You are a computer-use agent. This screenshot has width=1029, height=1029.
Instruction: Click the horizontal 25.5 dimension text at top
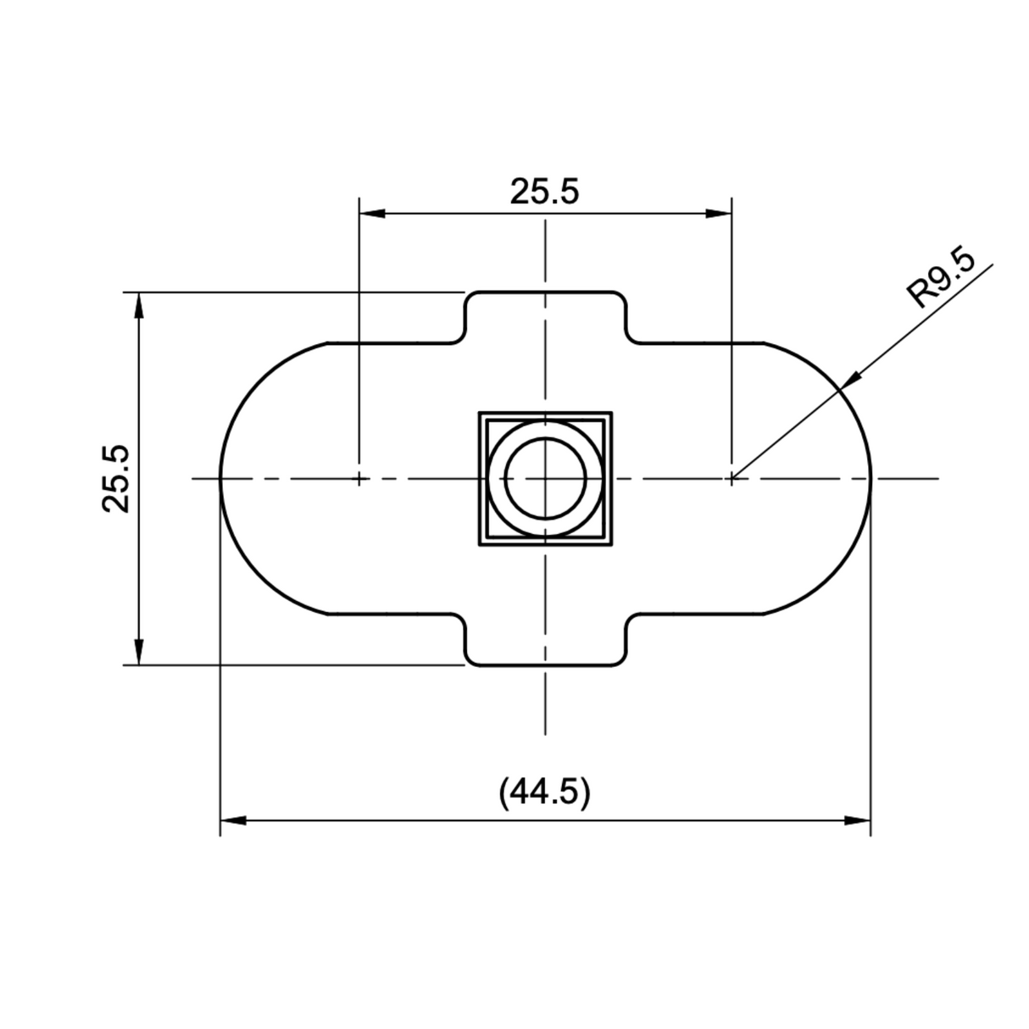[544, 192]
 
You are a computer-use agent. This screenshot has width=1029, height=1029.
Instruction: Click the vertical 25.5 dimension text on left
[116, 478]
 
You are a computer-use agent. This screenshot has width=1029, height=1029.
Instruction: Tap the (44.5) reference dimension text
[544, 793]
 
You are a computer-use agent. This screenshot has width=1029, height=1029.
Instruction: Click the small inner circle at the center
[545, 478]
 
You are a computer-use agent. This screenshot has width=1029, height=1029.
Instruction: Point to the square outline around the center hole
[481, 478]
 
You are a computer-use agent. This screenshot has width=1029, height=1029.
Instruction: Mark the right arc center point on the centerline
[731, 478]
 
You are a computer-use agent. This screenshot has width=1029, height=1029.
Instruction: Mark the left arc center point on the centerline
[359, 478]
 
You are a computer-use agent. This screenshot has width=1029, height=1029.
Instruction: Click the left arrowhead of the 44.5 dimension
[231, 820]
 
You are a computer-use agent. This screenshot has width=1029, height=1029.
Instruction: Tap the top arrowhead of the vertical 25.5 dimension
[139, 304]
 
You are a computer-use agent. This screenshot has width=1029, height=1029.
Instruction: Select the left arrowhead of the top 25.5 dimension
[371, 214]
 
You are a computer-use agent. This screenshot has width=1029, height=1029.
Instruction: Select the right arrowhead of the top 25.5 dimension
[720, 214]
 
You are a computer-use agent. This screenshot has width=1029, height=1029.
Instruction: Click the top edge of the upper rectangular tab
[545, 292]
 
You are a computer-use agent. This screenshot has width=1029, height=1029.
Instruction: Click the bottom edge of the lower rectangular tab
[545, 665]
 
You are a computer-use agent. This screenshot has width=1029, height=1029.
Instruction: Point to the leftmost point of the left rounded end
[220, 478]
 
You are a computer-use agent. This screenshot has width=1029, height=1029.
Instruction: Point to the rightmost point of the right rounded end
[870, 478]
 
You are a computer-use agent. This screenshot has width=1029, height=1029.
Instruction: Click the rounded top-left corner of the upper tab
[470, 298]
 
